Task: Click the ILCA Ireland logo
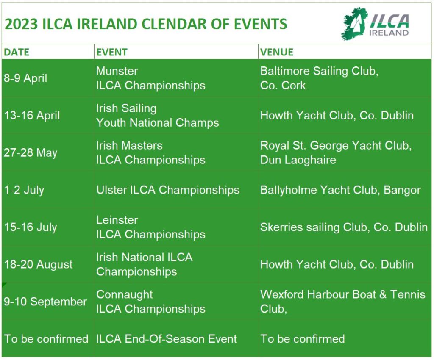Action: pos(376,24)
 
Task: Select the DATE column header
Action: pos(17,52)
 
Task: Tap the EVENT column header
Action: pos(112,52)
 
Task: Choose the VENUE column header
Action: pos(277,52)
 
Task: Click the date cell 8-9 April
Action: pos(25,78)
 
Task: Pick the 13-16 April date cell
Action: pos(32,116)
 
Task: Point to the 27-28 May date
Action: pos(31,153)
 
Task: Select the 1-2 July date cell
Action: pos(24,190)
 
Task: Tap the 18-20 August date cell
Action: pos(39,265)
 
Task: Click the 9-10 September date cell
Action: pos(45,302)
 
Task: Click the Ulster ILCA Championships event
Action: pos(168,190)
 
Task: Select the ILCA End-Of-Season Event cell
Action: pos(167,339)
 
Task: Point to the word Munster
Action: pos(117,71)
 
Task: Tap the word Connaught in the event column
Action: pos(125,295)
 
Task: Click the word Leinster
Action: pos(117,220)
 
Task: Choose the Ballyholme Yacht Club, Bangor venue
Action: pos(340,190)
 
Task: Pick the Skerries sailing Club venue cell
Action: pos(344,227)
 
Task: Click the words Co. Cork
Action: pos(283,86)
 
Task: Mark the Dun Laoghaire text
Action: pos(298,160)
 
